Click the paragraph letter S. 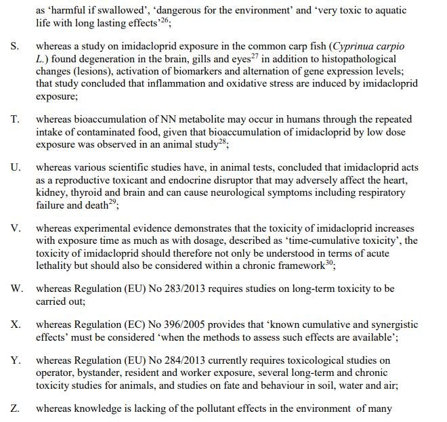[14, 47]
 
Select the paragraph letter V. [15, 228]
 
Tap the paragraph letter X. [15, 325]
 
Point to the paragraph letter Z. [14, 410]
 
